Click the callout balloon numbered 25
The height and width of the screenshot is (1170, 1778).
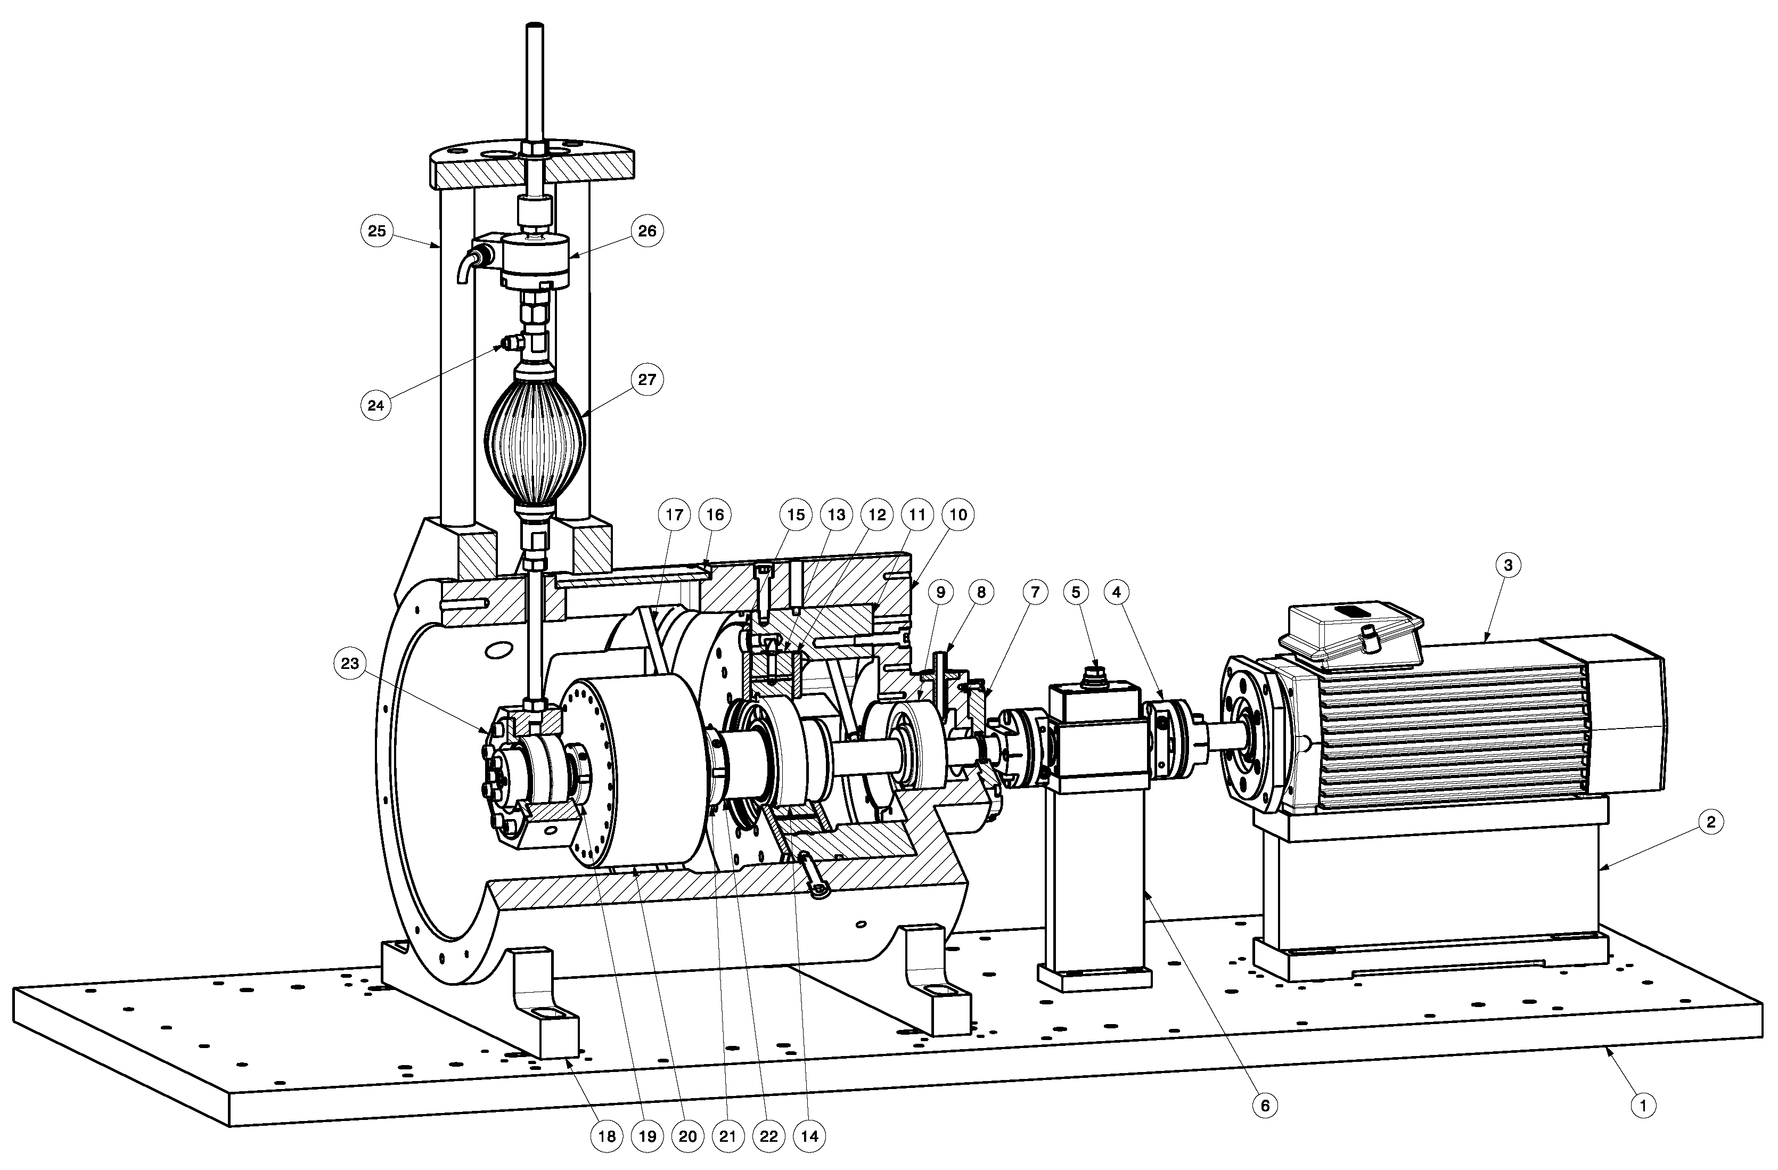click(x=376, y=231)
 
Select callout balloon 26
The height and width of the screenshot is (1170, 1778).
click(x=647, y=231)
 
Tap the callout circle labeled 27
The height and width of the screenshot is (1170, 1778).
click(x=647, y=380)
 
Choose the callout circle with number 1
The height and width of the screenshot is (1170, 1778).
click(x=1643, y=1105)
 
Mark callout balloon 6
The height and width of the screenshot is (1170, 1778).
click(x=1265, y=1105)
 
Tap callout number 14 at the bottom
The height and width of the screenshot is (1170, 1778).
click(x=809, y=1136)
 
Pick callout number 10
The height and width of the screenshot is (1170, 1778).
click(x=958, y=515)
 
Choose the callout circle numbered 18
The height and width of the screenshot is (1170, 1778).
click(x=607, y=1136)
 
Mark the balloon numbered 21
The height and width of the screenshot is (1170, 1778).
click(x=727, y=1136)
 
